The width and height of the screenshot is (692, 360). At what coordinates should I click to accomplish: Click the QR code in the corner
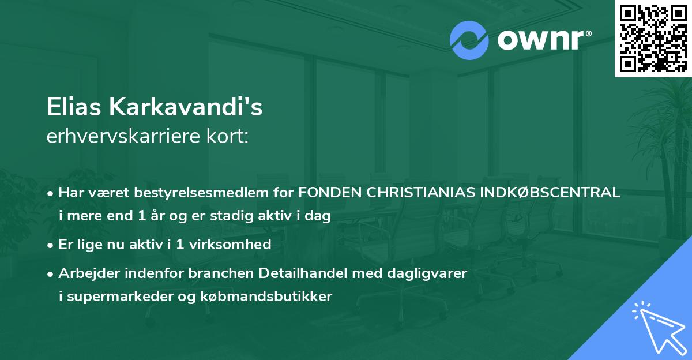[x=653, y=38]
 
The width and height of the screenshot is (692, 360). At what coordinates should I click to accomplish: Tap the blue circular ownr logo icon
[x=469, y=40]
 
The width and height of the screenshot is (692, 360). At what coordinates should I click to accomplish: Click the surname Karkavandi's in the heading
[x=183, y=107]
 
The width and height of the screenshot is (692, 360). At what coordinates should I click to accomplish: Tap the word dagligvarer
[x=432, y=273]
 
